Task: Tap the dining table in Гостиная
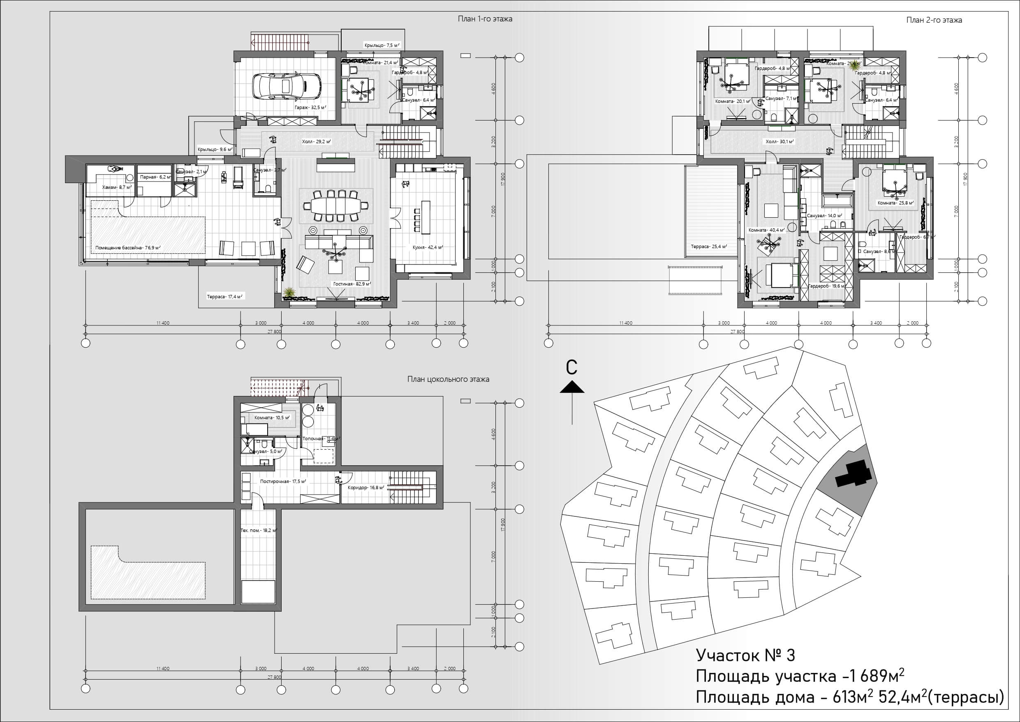[335, 205]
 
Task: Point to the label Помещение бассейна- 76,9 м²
[128, 248]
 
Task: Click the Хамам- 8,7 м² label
[117, 188]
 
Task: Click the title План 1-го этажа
[485, 19]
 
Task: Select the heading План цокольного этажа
[448, 379]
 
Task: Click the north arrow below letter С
[572, 388]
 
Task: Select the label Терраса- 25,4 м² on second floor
[709, 246]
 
